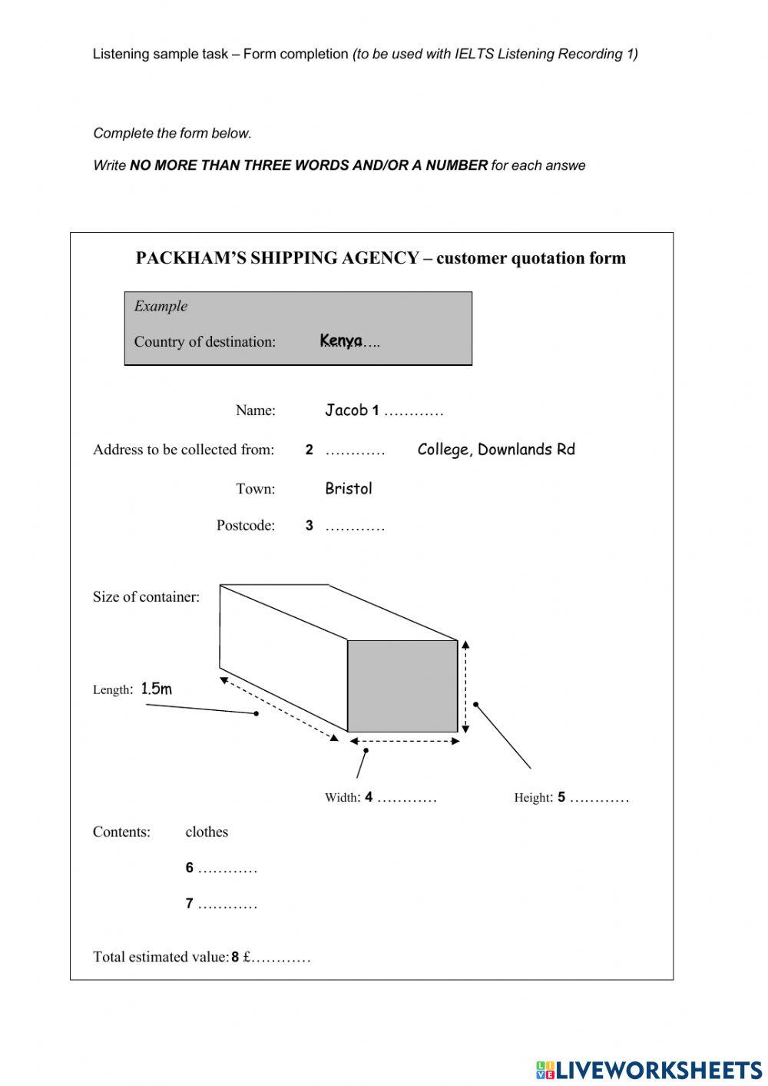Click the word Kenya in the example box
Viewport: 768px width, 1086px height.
(340, 340)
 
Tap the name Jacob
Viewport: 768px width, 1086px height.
(346, 410)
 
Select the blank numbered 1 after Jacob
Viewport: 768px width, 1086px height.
(413, 412)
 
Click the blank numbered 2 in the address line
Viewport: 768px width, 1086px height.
(354, 451)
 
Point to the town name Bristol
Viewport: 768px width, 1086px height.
(348, 489)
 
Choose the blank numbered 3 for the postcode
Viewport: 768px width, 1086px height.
(354, 527)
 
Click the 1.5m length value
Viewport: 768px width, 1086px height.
(156, 689)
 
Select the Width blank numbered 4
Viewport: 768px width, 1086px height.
(406, 799)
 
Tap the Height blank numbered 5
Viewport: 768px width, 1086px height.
(599, 799)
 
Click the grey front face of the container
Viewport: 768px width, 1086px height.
(402, 686)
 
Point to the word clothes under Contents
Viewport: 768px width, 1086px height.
(207, 832)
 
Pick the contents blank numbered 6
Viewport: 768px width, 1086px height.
(227, 869)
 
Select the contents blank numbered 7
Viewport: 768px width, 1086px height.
(227, 905)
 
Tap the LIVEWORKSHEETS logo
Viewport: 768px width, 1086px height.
(648, 1070)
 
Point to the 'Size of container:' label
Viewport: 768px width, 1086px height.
(146, 597)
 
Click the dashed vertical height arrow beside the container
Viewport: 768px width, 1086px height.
(465, 686)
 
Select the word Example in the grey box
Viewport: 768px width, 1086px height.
(161, 306)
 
